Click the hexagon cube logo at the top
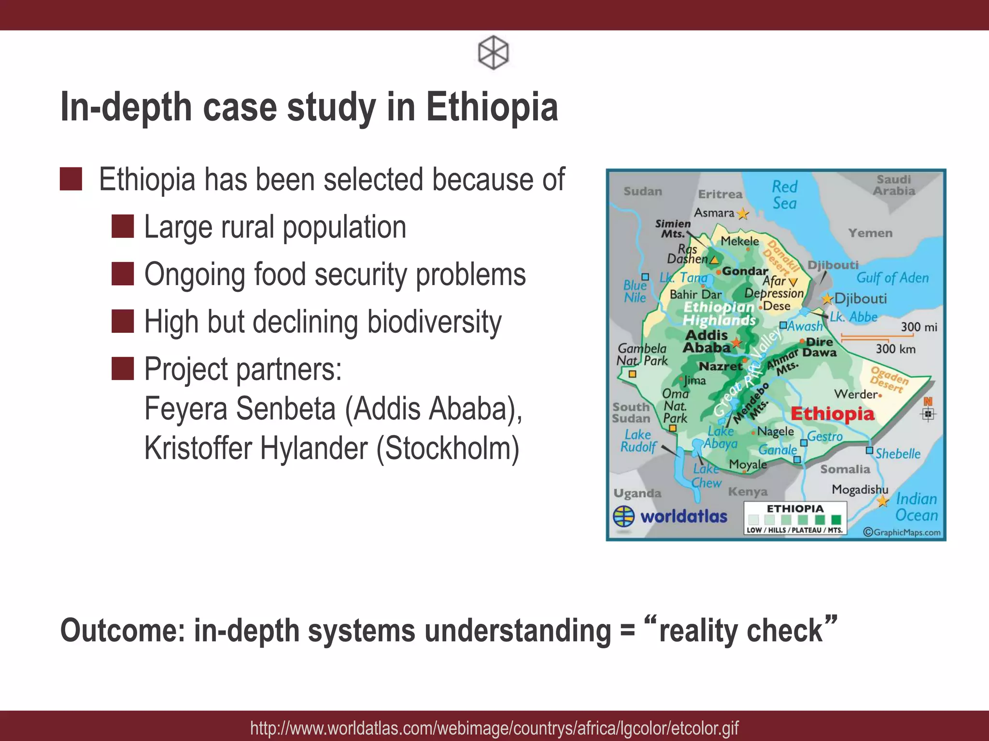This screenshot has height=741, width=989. click(493, 52)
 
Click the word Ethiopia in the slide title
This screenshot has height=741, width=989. click(492, 107)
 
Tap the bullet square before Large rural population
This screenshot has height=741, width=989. click(122, 227)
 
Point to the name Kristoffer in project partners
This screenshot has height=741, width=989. click(198, 448)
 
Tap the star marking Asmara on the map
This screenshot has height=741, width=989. click(743, 214)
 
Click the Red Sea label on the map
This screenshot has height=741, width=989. click(784, 194)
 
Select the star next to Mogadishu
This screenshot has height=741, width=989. click(883, 502)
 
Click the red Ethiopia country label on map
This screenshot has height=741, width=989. click(833, 414)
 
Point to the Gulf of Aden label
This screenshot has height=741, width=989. click(892, 278)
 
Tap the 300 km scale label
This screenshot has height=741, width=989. click(895, 349)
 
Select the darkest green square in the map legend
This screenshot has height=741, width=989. click(836, 520)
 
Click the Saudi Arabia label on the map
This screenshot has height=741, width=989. click(894, 185)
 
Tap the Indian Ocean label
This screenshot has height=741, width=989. click(916, 507)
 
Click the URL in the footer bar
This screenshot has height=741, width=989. click(494, 727)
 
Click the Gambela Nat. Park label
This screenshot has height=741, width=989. click(642, 355)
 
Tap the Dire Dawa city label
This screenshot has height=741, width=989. click(819, 347)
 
